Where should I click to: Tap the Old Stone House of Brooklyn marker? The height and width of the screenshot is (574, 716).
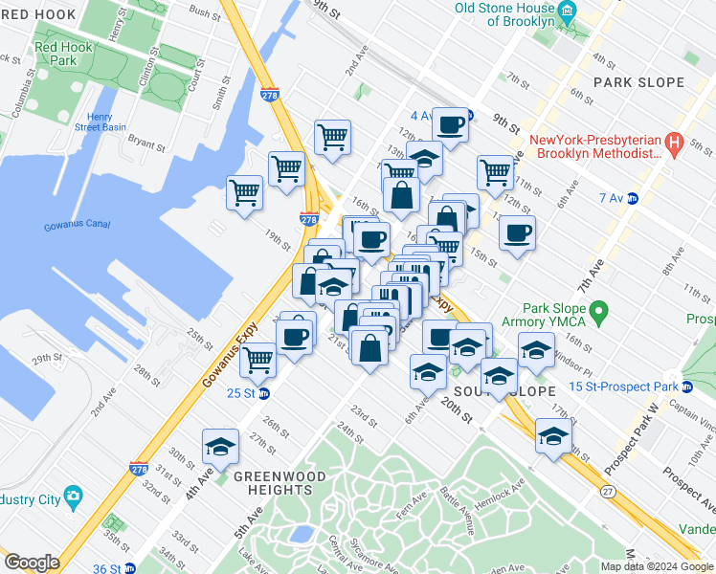click(x=566, y=13)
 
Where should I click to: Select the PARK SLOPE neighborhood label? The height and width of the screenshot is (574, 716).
click(x=638, y=82)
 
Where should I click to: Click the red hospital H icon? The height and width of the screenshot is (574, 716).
click(x=673, y=145)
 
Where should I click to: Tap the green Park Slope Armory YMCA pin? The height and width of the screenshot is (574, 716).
click(x=600, y=311)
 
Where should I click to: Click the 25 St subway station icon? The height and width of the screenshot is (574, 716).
click(x=264, y=393)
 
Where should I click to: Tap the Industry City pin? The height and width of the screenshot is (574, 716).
click(x=74, y=497)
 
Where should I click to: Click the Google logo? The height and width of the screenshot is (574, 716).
click(x=32, y=563)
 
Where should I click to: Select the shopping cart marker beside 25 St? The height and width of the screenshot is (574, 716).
click(x=257, y=362)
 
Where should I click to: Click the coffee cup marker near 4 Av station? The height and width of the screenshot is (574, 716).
click(x=450, y=124)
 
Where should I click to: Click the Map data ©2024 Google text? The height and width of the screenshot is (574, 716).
click(x=656, y=566)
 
